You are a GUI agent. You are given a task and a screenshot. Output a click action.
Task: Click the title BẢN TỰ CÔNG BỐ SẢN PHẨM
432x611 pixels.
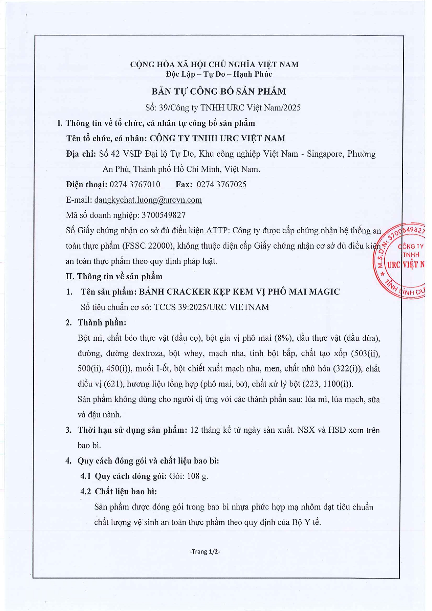point(218,92)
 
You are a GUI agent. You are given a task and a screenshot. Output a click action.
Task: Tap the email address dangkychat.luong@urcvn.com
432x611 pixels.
point(148,200)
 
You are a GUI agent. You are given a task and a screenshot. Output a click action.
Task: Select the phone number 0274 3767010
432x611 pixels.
point(135,185)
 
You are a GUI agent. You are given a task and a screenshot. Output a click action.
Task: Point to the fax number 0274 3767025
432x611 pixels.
point(221,185)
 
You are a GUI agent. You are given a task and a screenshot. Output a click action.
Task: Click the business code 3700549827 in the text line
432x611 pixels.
point(164,215)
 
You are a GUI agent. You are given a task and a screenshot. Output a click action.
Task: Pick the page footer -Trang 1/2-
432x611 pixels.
point(205,551)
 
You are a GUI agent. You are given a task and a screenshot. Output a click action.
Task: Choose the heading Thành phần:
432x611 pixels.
point(102,322)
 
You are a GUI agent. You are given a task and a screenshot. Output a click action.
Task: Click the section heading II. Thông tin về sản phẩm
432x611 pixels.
point(114,276)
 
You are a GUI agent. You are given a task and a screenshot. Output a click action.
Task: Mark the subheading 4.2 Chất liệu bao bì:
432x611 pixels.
point(118,491)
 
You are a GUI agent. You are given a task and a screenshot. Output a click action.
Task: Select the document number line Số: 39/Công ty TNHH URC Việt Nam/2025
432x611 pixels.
point(223,108)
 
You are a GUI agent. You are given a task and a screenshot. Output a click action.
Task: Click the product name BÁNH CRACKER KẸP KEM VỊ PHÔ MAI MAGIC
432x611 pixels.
point(239,292)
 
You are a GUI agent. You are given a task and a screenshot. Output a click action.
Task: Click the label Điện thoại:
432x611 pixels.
point(87,185)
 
